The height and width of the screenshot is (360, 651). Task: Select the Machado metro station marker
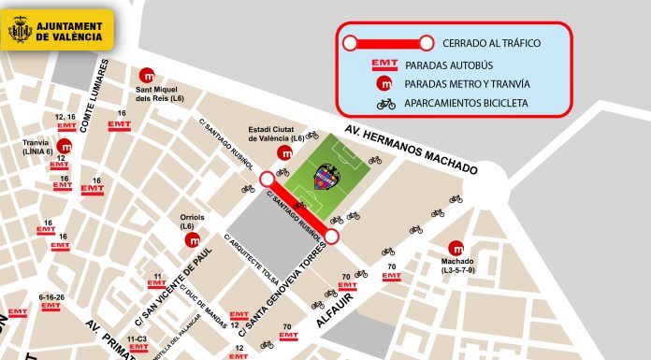[456, 248]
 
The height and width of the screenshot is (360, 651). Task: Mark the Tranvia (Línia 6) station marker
[65, 145]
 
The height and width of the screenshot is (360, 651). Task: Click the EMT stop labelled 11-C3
[138, 342]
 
